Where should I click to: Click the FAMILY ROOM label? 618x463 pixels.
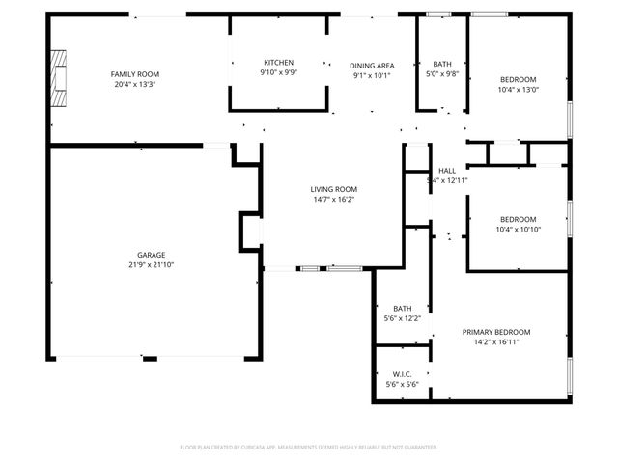click(x=134, y=74)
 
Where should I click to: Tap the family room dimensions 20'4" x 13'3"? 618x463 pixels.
click(x=134, y=84)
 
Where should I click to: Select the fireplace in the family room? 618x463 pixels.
click(x=61, y=81)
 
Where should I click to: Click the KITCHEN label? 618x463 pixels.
click(x=278, y=63)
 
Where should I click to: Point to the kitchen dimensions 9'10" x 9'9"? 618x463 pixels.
click(x=278, y=72)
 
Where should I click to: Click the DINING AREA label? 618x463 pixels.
click(x=371, y=66)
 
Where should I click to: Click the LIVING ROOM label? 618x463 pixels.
click(x=334, y=189)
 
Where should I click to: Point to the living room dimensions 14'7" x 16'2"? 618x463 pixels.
click(x=334, y=200)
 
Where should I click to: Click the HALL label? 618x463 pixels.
click(x=447, y=171)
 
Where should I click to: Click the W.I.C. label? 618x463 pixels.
click(x=403, y=374)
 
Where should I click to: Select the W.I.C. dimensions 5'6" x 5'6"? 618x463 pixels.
click(x=403, y=385)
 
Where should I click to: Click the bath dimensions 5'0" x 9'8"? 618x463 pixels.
click(x=442, y=73)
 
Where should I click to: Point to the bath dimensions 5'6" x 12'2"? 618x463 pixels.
click(x=402, y=318)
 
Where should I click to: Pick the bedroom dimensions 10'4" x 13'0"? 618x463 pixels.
click(x=518, y=90)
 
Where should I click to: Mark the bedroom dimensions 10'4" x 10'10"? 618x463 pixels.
click(x=518, y=230)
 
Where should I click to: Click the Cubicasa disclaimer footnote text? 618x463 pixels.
click(x=309, y=448)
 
